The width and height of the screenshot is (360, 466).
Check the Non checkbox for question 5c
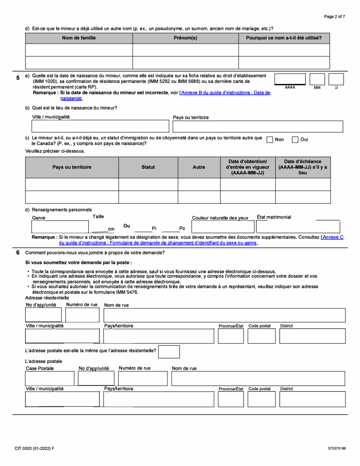270,140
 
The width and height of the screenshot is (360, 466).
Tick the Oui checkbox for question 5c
295,140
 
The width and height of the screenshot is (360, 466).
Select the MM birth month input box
317,79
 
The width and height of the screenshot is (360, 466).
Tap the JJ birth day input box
336,79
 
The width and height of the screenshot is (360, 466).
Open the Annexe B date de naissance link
224,93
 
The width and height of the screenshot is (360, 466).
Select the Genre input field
60,227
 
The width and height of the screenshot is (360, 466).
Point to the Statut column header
148,167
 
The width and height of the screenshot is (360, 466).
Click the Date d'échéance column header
303,167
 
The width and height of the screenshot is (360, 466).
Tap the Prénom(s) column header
185,38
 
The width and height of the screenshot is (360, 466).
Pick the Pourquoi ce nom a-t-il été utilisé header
284,38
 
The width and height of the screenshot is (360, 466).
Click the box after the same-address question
169,351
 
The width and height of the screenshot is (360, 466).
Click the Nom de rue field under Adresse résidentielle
224,315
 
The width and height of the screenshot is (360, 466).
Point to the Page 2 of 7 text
334,17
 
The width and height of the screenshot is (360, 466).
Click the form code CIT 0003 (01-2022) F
34,449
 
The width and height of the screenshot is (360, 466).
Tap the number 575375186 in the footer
337,449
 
